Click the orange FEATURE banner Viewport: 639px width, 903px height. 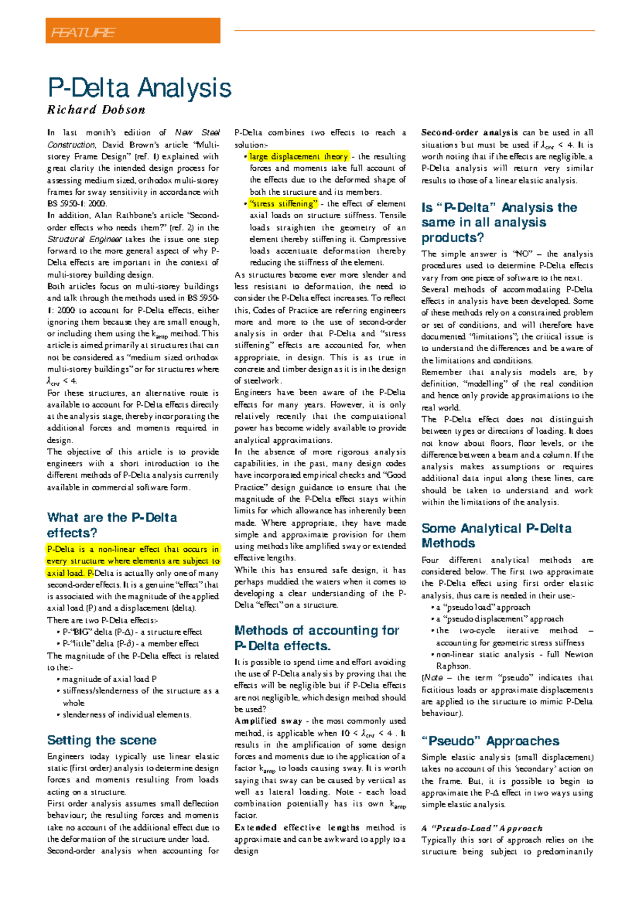[x=133, y=31]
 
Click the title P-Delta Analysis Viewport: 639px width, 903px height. [x=140, y=88]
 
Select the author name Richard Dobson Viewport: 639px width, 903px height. [x=96, y=110]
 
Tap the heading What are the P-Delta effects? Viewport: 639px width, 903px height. [x=112, y=525]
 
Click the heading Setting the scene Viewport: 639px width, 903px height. [x=102, y=740]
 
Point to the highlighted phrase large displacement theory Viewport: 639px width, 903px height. [x=299, y=156]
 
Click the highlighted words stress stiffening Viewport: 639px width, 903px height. [x=283, y=204]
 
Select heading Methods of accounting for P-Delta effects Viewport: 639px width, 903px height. [x=317, y=638]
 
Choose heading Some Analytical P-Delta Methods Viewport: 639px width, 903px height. [x=496, y=536]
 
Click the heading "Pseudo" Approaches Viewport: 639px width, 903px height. [x=490, y=741]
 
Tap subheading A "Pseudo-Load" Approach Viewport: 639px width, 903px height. [x=482, y=829]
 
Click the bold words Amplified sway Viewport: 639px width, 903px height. [x=268, y=721]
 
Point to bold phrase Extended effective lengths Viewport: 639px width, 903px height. [x=297, y=827]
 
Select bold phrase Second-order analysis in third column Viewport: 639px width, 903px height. [x=470, y=132]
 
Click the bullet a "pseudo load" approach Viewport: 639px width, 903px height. [x=483, y=607]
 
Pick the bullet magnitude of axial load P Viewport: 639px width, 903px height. [x=109, y=680]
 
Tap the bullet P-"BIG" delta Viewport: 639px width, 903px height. [x=132, y=632]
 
